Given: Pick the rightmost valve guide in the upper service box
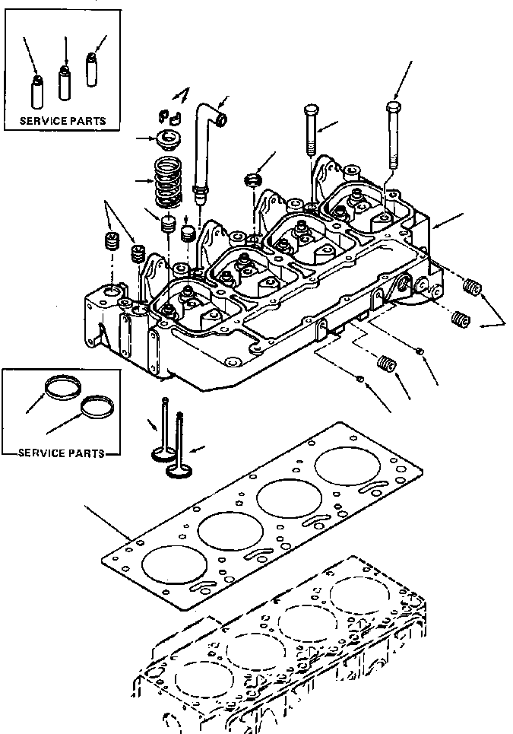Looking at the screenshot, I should (92, 69).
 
